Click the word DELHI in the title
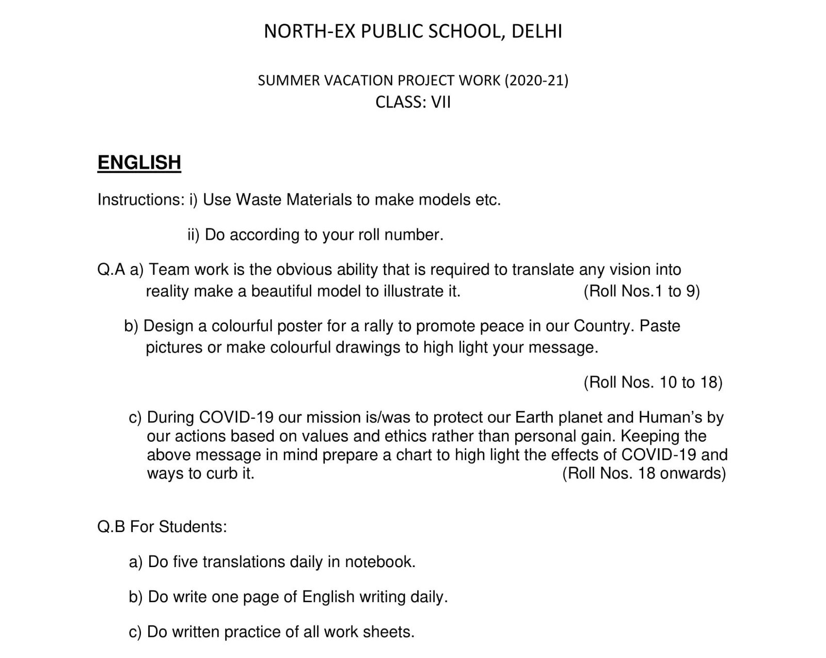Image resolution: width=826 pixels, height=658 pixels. (536, 32)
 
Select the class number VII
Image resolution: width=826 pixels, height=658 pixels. (441, 102)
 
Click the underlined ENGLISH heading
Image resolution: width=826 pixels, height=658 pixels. (139, 162)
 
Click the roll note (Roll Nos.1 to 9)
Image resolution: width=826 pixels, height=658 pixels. (642, 291)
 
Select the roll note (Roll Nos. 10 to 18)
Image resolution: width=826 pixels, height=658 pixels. (653, 382)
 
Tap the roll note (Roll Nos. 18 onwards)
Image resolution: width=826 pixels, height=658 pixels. (644, 473)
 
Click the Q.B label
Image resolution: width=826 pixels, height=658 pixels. (111, 527)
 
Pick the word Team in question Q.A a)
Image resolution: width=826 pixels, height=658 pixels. (169, 270)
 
